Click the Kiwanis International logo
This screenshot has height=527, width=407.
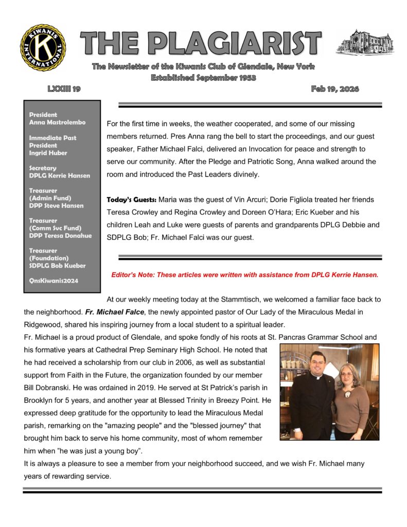pyautogui.click(x=43, y=47)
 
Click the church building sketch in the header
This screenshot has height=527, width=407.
pyautogui.click(x=364, y=42)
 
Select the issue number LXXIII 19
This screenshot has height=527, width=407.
pyautogui.click(x=64, y=89)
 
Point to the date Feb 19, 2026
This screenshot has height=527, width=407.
pyautogui.click(x=335, y=89)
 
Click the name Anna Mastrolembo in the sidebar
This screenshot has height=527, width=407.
pyautogui.click(x=57, y=122)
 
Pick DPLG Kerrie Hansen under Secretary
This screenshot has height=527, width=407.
pyautogui.click(x=59, y=175)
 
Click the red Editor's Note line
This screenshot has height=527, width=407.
pyautogui.click(x=244, y=275)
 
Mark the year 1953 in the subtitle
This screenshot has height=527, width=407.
pyautogui.click(x=245, y=78)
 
